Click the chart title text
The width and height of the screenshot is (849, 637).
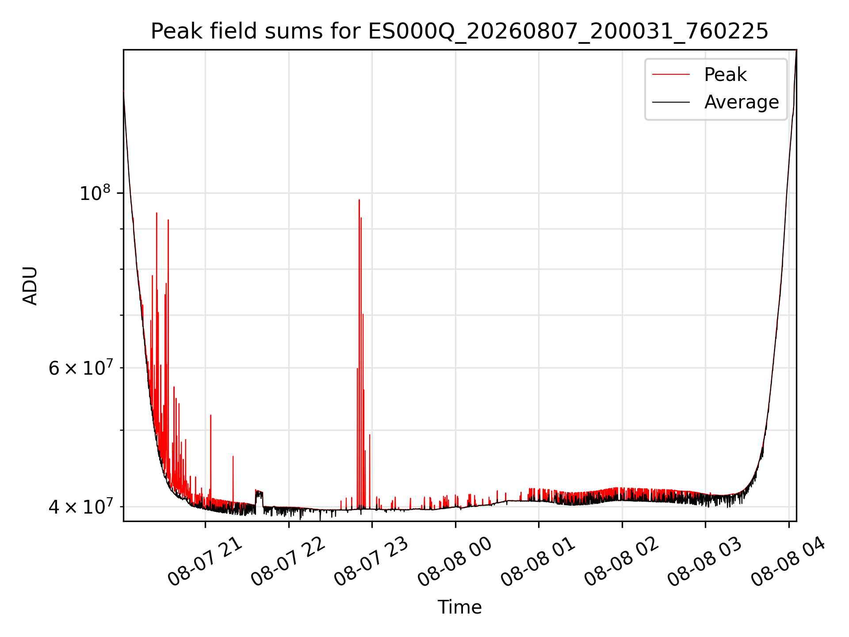tap(459, 31)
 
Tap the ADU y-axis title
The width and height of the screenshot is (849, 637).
tap(30, 286)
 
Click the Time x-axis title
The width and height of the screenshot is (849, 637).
tap(459, 607)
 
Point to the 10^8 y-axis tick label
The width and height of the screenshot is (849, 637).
tap(95, 193)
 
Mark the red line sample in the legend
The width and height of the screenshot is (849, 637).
tap(671, 74)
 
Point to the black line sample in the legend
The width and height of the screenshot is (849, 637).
tap(671, 102)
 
